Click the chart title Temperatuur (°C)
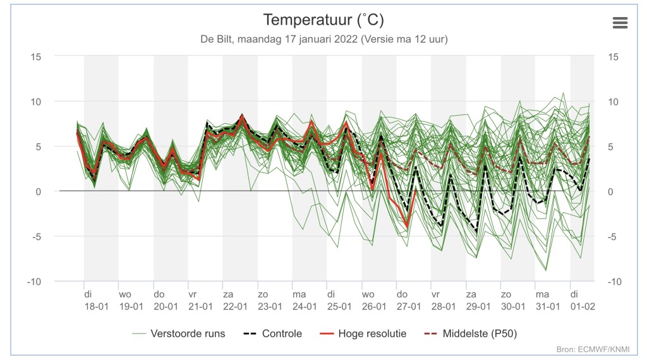pos(323,20)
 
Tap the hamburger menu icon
pos(620,23)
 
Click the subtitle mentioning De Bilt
pos(324,39)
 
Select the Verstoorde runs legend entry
pos(179,333)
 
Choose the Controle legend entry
pos(273,333)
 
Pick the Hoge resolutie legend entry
pos(363,333)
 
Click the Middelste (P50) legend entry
pos(471,333)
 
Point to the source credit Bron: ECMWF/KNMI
pos(593,349)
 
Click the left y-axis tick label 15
pos(36,57)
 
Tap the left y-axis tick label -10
pos(34,282)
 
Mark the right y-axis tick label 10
pos(613,102)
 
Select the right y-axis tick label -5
pos(612,237)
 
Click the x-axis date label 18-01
pos(97,306)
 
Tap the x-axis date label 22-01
pos(235,306)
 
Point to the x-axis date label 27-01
pos(409,306)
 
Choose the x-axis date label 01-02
pos(583,306)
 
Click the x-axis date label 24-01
pos(305,306)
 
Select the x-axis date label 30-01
pos(513,306)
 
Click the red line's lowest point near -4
pos(407,227)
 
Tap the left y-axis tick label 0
pos(39,192)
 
